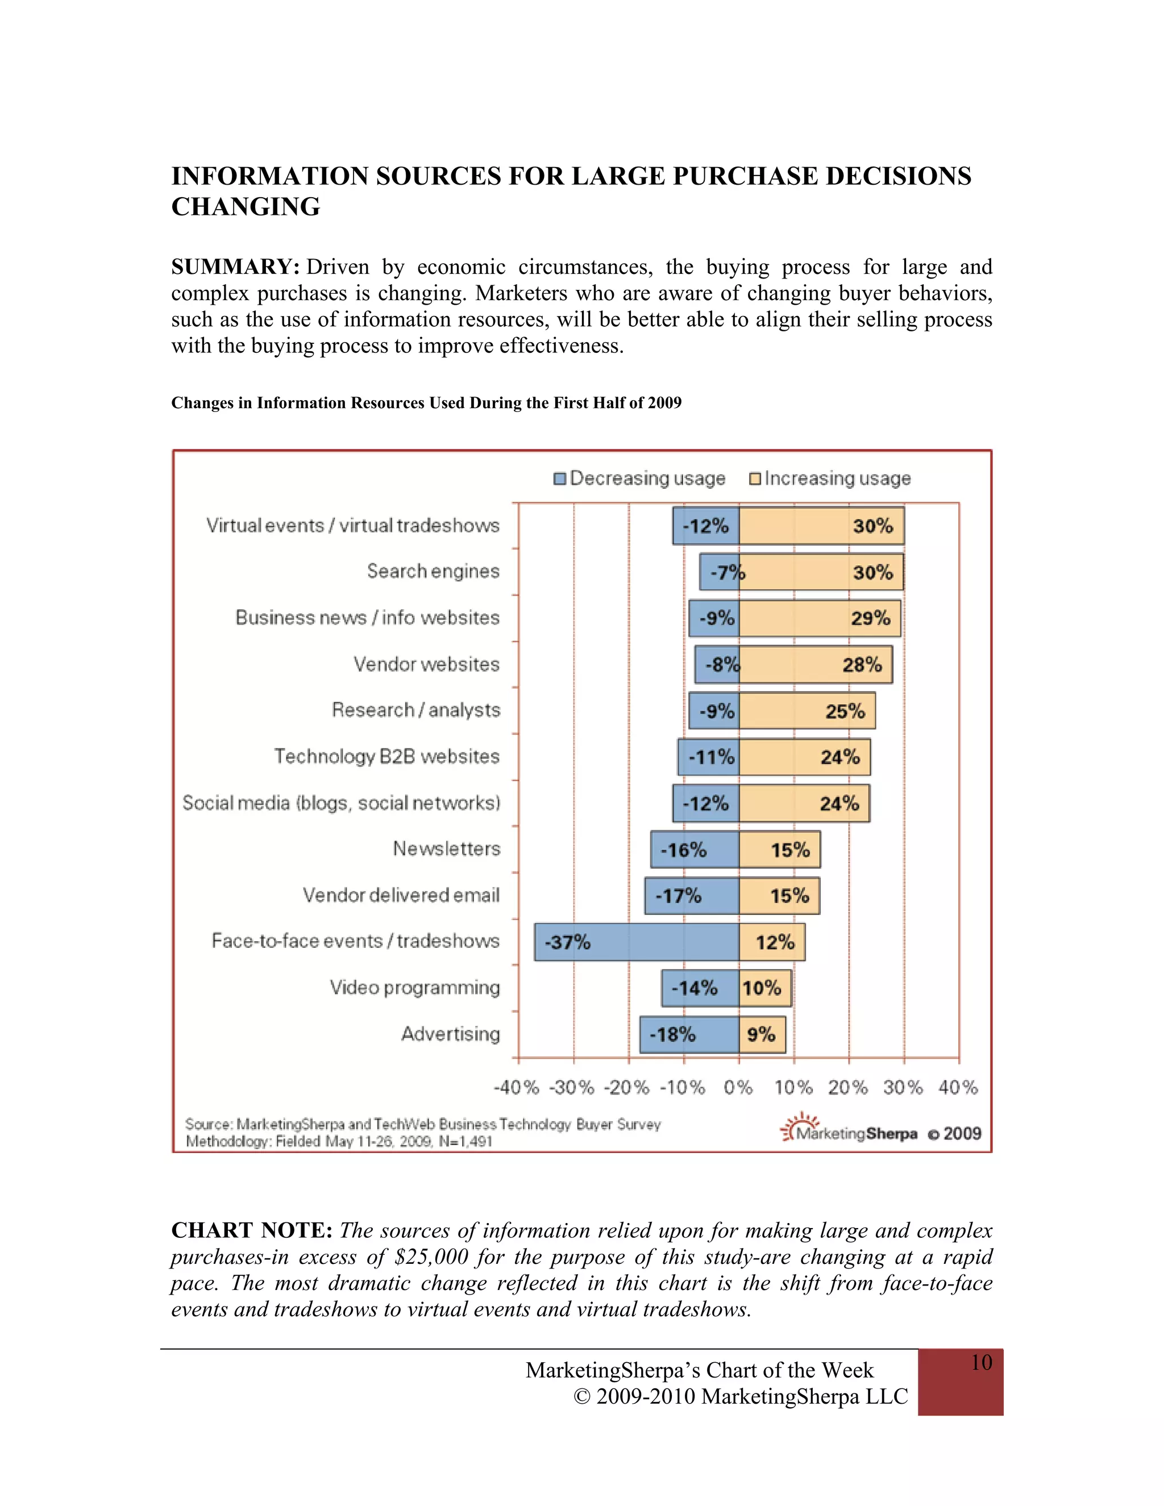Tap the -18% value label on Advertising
672,1034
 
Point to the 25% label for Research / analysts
845,711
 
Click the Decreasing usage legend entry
639,479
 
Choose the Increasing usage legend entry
830,479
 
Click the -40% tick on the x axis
517,1087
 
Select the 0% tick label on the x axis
738,1087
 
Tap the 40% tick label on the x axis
958,1087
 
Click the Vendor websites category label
426,664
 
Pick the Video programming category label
414,988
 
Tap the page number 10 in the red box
981,1363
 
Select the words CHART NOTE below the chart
252,1230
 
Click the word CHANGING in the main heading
246,207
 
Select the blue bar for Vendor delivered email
692,896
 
